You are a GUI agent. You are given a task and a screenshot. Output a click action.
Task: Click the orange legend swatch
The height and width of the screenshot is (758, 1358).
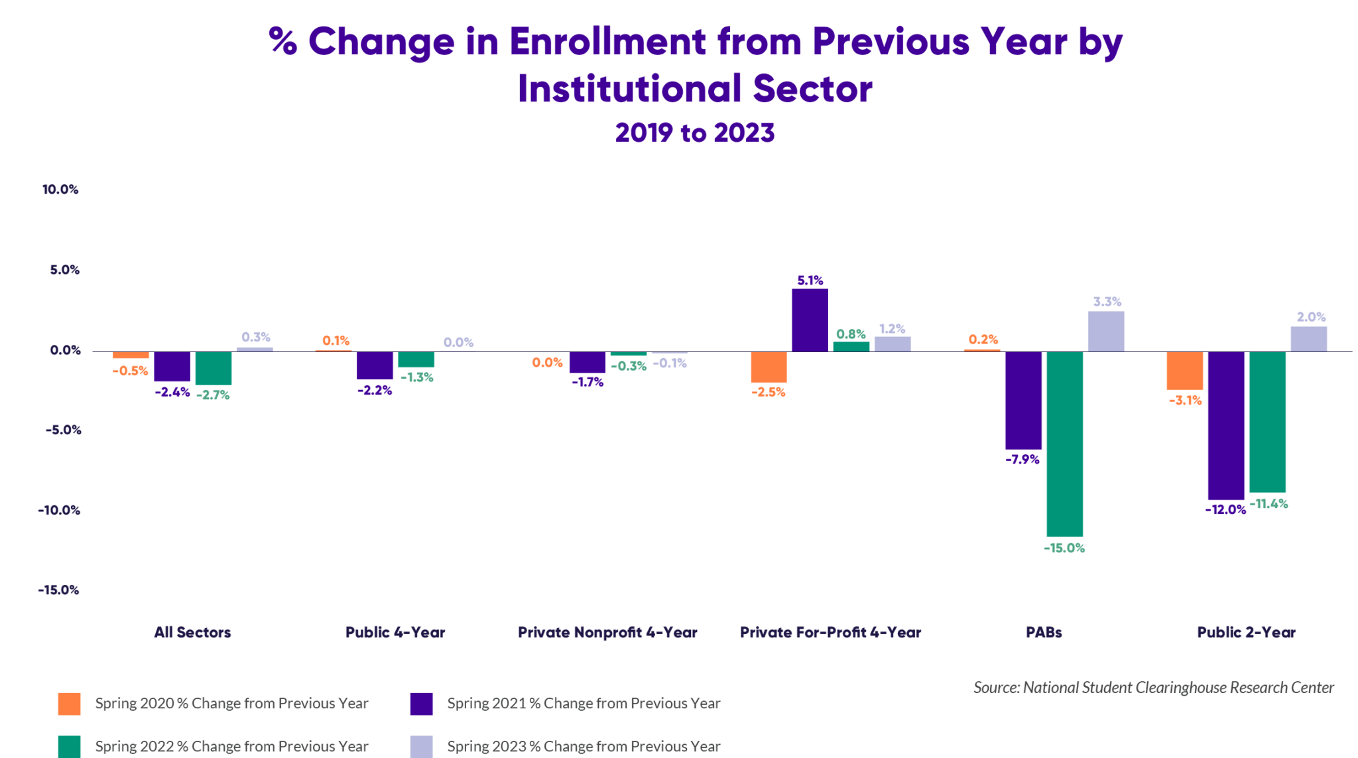pyautogui.click(x=46, y=704)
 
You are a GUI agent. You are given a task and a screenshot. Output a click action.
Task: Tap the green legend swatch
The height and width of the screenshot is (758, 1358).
pyautogui.click(x=46, y=747)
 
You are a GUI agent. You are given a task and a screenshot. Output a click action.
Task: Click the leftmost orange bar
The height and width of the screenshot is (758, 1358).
pyautogui.click(x=133, y=433)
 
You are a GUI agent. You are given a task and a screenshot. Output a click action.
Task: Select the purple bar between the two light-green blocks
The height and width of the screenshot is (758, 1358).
pyautogui.click(x=377, y=433)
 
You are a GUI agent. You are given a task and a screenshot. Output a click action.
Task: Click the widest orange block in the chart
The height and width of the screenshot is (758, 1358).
pyautogui.click(x=877, y=433)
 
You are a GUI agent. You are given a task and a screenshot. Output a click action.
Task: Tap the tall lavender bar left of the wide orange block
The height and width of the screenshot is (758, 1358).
pyautogui.click(x=700, y=433)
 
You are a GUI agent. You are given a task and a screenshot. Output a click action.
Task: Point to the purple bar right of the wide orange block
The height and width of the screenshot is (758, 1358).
pyautogui.click(x=1025, y=433)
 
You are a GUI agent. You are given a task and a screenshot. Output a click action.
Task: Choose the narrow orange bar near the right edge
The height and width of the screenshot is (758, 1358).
pyautogui.click(x=1186, y=433)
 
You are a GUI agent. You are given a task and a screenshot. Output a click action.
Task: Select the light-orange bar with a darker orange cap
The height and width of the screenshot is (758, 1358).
pyautogui.click(x=550, y=441)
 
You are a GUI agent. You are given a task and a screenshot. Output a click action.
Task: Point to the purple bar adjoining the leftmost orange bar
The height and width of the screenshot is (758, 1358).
pyautogui.click(x=174, y=433)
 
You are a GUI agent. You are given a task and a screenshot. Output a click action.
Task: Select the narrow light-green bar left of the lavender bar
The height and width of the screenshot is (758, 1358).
pyautogui.click(x=630, y=438)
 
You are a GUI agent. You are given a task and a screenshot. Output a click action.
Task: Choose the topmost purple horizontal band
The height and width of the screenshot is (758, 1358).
pyautogui.click(x=679, y=44)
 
